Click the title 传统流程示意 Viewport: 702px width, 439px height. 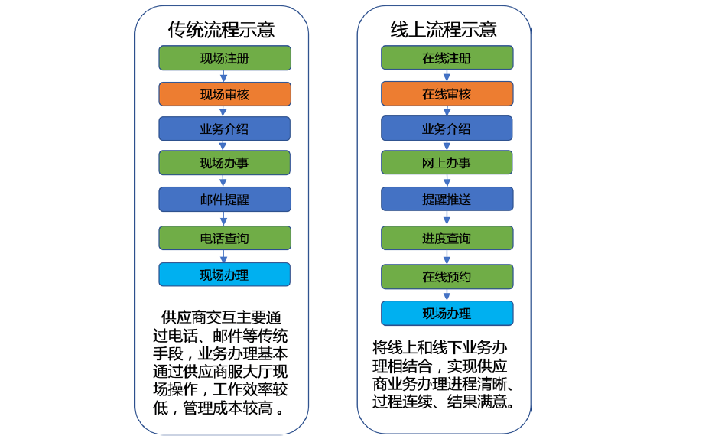[221, 30]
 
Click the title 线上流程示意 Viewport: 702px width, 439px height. [444, 30]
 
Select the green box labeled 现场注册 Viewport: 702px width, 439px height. [225, 58]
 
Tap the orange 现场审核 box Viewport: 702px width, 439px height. [225, 94]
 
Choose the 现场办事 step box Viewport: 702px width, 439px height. [224, 163]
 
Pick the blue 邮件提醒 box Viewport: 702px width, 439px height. [225, 200]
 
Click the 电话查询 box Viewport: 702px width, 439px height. [225, 238]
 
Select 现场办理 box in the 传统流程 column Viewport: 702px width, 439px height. [224, 274]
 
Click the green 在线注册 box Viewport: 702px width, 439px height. [447, 57]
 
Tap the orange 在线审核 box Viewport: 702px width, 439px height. [447, 93]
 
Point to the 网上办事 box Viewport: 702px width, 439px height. [447, 162]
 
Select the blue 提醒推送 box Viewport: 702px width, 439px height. [447, 199]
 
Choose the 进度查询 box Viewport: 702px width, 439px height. [447, 238]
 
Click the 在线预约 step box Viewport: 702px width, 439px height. [447, 276]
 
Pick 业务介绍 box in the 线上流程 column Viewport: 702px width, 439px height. [447, 128]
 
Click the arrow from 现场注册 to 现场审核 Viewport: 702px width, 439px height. [224, 76]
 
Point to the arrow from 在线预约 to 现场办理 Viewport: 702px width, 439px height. [447, 294]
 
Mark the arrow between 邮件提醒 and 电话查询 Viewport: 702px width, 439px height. [224, 219]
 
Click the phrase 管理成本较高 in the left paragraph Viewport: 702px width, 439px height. [228, 408]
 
